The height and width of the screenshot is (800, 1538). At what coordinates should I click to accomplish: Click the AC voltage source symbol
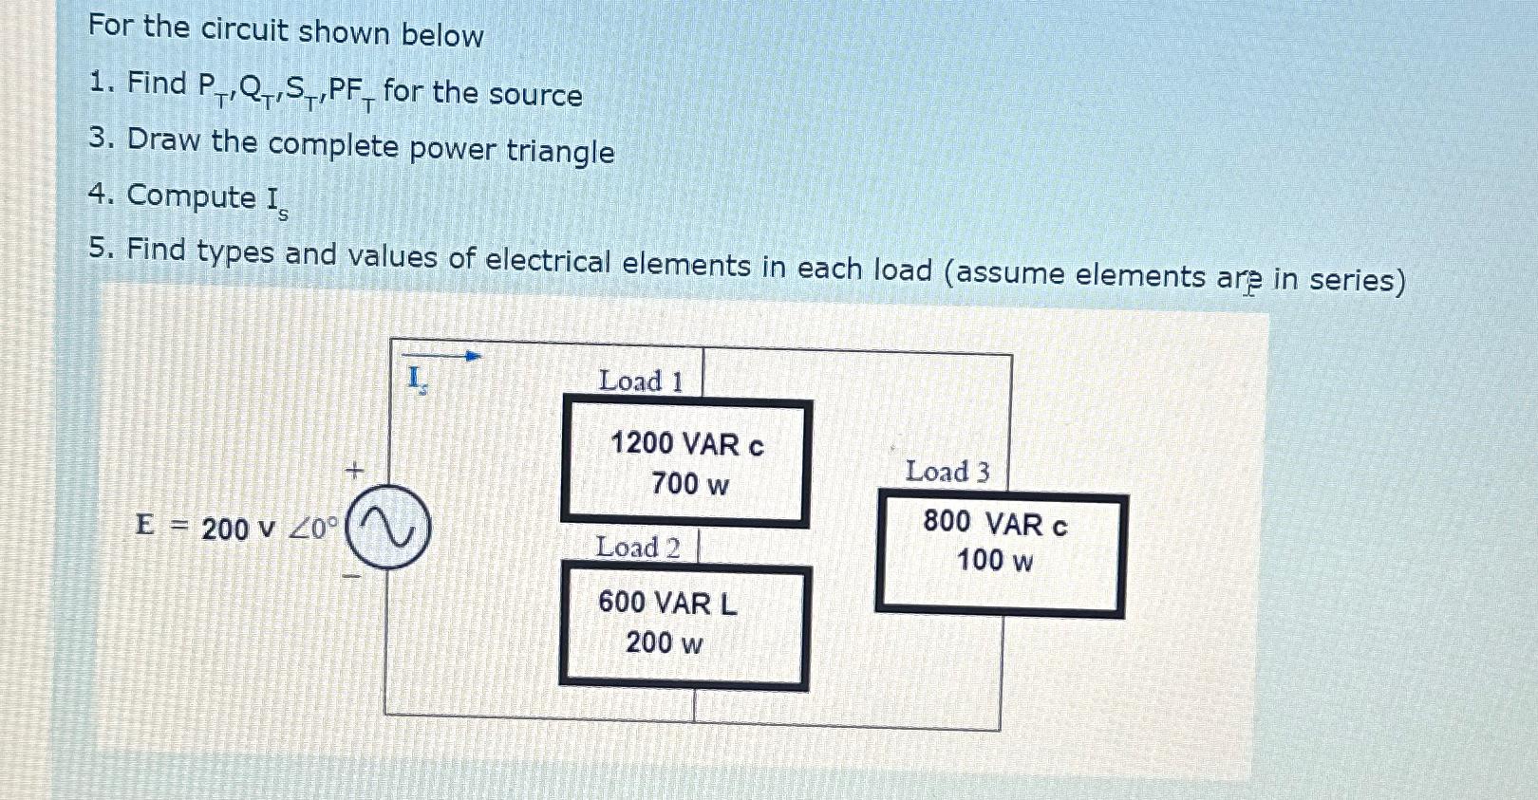(x=387, y=527)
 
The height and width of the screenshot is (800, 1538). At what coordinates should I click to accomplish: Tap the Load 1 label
(x=641, y=381)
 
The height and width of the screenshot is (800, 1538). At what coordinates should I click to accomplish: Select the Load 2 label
(x=638, y=548)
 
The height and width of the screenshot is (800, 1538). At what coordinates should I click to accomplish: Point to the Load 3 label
(x=947, y=472)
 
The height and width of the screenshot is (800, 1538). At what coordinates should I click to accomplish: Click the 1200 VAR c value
(x=686, y=444)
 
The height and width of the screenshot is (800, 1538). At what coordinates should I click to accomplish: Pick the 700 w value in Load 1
(x=690, y=484)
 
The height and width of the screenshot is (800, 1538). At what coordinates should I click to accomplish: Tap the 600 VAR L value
(x=667, y=603)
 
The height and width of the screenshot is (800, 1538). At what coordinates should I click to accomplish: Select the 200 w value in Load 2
(x=665, y=642)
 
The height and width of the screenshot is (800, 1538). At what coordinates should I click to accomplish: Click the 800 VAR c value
(x=995, y=523)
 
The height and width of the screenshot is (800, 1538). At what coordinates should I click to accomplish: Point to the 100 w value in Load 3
(x=995, y=560)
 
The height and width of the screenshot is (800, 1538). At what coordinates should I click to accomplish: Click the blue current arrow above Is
(x=443, y=356)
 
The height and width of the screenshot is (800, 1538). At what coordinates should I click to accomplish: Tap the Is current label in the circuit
(x=417, y=380)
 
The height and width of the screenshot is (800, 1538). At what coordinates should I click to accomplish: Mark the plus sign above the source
(x=354, y=470)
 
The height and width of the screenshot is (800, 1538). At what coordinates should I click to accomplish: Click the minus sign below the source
(x=351, y=575)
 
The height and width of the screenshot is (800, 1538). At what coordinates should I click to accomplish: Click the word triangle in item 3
(x=560, y=151)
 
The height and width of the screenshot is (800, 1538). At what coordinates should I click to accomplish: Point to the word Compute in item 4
(x=191, y=195)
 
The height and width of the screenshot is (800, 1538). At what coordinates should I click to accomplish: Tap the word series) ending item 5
(x=1357, y=280)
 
